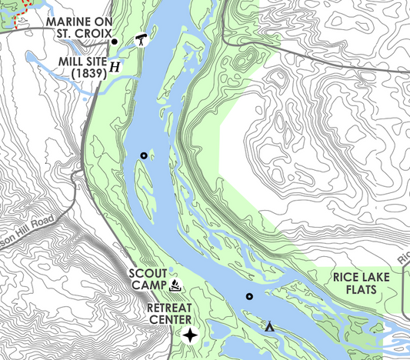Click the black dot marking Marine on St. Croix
point(115,42)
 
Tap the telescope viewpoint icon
point(142,40)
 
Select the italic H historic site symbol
point(115,67)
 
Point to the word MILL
point(72,60)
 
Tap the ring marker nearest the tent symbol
point(249,296)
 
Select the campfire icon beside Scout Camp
point(176,286)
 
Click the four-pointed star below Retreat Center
point(190,335)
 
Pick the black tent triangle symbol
point(270,326)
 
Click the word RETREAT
point(170,308)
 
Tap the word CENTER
point(170,321)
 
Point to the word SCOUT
point(146,273)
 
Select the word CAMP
point(148,286)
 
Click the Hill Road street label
point(31,224)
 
